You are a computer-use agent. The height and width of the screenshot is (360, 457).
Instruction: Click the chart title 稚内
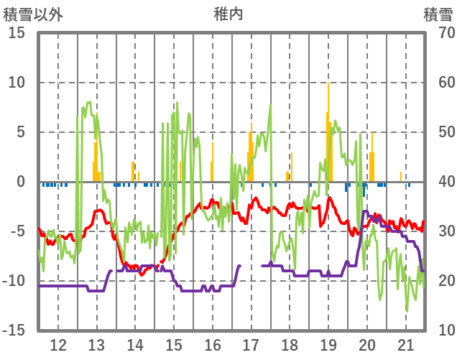pos(228,14)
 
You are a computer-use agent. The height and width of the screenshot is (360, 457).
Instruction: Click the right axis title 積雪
pos(438,14)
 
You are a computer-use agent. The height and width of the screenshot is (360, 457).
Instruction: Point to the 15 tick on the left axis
pos(17,33)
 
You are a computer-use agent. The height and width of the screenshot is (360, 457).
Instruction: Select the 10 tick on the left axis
pos(17,83)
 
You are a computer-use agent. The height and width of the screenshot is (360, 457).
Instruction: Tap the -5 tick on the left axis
pos(17,231)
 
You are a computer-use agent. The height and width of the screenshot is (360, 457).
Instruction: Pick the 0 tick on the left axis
pos(21,182)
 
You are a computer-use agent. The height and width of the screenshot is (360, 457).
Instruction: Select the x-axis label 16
pos(213,344)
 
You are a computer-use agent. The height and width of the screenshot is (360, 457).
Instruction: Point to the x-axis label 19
pos(329,344)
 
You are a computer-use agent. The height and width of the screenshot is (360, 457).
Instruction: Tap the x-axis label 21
pos(406,344)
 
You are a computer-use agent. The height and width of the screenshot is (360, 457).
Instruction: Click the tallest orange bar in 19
pos(328,129)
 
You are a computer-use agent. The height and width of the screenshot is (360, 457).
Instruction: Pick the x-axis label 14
pos(135,344)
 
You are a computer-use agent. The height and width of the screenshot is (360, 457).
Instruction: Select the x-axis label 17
pos(251,344)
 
